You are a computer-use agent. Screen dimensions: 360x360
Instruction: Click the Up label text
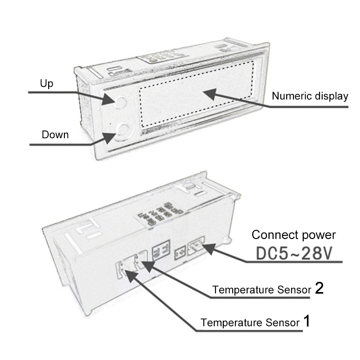47,84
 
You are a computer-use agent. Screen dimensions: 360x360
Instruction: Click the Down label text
55,135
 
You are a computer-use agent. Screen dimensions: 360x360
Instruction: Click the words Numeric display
310,96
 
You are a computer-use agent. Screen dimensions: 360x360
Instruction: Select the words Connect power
293,235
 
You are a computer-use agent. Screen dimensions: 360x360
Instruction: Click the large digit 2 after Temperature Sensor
319,288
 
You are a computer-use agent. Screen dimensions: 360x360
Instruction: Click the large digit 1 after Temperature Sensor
306,322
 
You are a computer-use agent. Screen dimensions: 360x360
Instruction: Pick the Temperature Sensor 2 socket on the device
143,260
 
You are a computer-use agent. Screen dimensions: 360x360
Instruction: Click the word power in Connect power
319,235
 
